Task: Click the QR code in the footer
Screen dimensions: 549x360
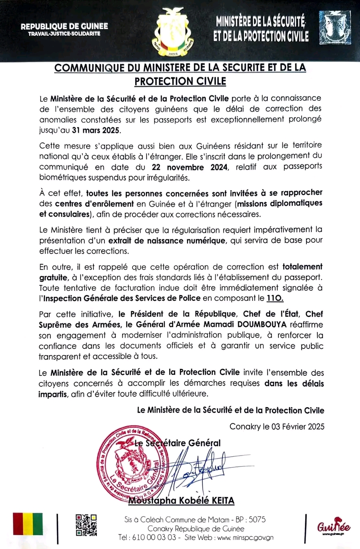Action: (86, 525)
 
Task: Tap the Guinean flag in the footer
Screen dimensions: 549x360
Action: (28, 523)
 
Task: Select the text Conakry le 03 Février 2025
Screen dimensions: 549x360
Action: (277, 427)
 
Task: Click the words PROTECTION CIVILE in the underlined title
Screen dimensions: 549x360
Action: (180, 81)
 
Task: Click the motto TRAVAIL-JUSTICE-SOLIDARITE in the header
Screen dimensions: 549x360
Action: (64, 34)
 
